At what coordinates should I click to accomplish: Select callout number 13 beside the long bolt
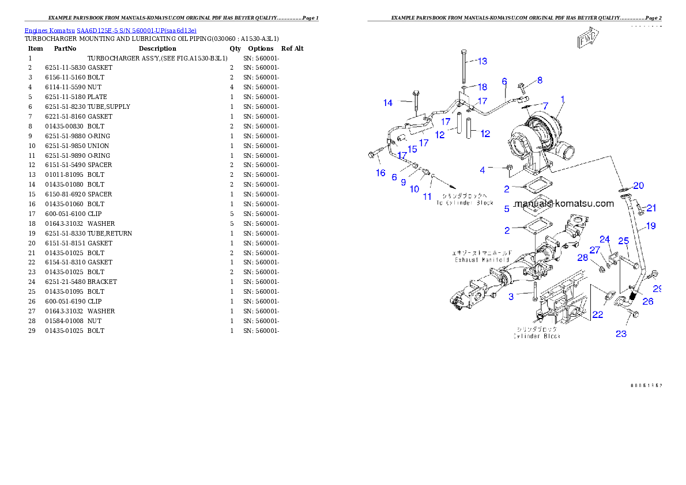[481, 61]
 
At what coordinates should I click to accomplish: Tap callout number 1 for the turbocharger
[562, 99]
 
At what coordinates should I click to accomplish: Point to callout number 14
[389, 103]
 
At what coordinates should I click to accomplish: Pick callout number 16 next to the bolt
[380, 173]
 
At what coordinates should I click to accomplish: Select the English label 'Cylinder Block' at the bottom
[537, 336]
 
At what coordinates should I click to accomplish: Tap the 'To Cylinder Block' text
[465, 203]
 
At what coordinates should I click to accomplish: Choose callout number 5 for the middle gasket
[507, 209]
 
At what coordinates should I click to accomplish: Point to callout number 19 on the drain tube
[650, 226]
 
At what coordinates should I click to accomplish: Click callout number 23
[621, 334]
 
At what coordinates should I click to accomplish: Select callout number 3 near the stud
[511, 297]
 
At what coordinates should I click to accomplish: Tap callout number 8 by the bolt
[540, 80]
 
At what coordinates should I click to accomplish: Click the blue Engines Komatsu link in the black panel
[110, 30]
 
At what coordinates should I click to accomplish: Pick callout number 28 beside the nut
[583, 257]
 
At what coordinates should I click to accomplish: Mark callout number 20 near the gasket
[638, 185]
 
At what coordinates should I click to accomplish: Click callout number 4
[483, 170]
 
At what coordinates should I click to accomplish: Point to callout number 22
[598, 314]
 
